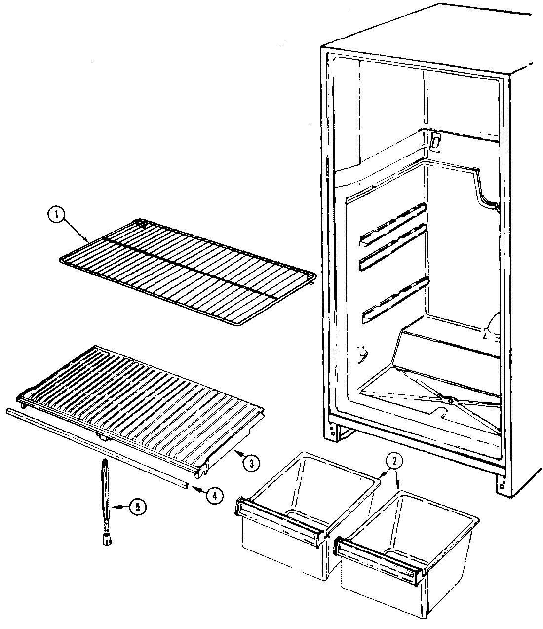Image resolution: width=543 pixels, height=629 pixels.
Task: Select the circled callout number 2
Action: click(x=394, y=461)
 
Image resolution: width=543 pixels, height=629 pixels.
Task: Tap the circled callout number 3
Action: click(x=251, y=462)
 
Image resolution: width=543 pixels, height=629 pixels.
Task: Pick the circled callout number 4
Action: click(x=213, y=496)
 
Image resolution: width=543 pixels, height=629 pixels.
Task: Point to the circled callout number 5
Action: click(x=138, y=507)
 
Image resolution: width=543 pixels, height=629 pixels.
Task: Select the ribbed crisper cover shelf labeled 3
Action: click(x=143, y=390)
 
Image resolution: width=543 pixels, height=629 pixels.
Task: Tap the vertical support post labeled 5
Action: click(x=105, y=494)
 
